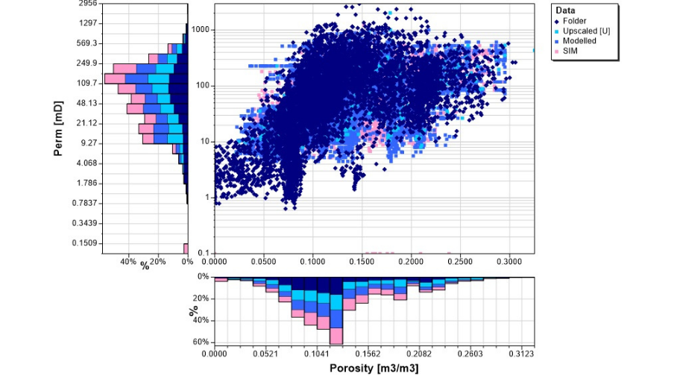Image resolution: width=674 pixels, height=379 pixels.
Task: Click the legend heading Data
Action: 566,10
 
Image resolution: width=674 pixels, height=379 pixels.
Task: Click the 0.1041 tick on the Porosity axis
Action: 317,354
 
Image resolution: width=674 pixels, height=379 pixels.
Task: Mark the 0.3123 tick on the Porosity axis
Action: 521,354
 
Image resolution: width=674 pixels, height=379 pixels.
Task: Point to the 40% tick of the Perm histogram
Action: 128,263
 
